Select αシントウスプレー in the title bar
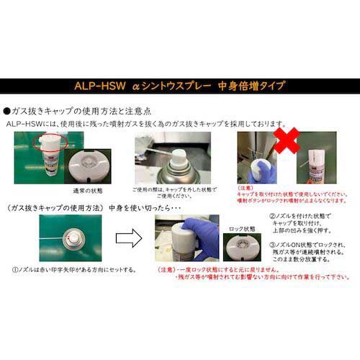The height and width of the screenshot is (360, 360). [x=176, y=85]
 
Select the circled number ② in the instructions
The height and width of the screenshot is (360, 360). [x=270, y=216]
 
